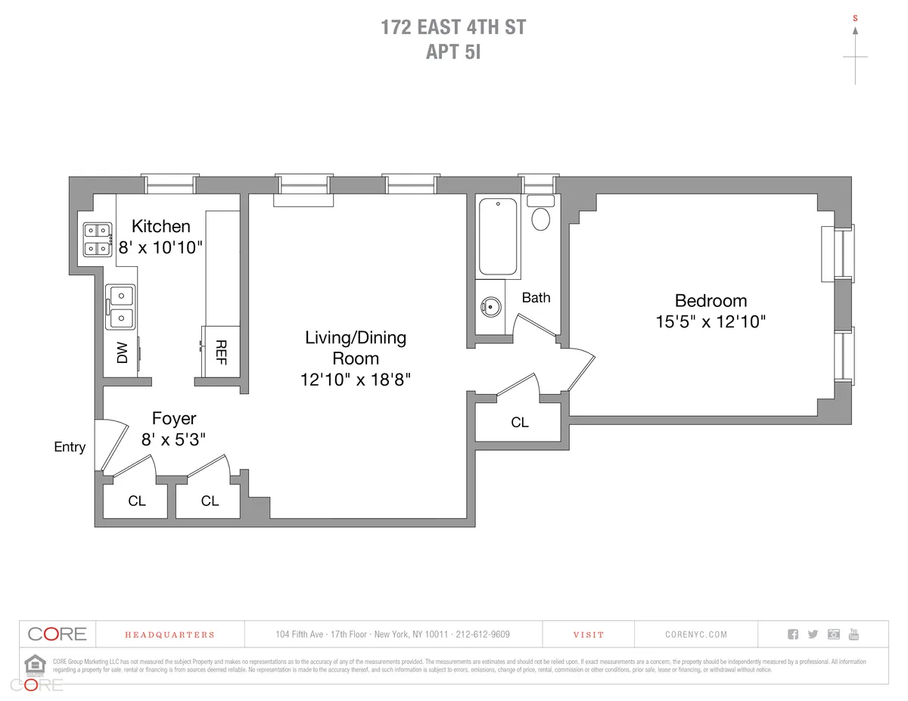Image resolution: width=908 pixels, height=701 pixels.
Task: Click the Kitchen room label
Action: point(160,226)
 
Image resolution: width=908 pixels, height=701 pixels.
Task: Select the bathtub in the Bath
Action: point(498,236)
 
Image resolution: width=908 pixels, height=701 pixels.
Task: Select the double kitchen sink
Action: point(120,306)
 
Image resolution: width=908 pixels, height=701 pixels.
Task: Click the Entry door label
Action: point(70,447)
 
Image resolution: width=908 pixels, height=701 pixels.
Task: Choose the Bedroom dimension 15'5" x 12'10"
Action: point(711,321)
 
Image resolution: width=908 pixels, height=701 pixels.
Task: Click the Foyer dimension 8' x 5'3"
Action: point(173,438)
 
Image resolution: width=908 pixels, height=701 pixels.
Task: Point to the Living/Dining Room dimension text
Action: point(355,379)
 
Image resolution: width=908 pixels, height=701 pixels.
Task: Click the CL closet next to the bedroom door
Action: point(520,422)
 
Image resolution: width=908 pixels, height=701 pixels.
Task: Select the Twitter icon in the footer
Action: point(813,634)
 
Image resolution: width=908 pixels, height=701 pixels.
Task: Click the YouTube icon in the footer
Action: point(854,634)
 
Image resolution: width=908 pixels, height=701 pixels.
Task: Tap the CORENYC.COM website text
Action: point(696,635)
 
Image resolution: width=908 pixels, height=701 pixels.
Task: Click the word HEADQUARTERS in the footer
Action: point(169,635)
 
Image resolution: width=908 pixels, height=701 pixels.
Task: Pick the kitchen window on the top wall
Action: point(171,183)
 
